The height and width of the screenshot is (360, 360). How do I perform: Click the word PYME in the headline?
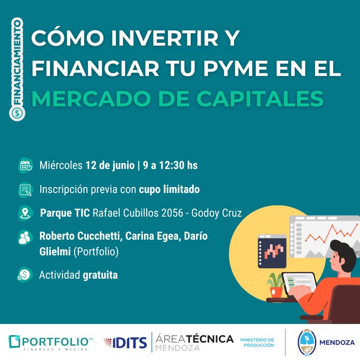[x=236, y=68]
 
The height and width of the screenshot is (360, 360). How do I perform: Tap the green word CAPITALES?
[x=260, y=98]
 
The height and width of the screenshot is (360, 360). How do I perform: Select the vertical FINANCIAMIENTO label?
[x=17, y=62]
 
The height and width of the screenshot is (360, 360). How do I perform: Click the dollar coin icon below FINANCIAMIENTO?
[x=17, y=113]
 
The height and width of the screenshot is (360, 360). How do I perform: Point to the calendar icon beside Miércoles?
[x=25, y=166]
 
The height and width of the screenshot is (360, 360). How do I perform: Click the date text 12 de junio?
[x=110, y=165]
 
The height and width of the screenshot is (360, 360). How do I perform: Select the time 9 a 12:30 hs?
[x=170, y=165]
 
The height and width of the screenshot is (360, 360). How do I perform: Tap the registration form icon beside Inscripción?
[x=25, y=190]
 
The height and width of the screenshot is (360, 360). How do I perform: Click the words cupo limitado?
[x=169, y=190]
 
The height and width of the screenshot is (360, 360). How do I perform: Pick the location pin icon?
[x=25, y=213]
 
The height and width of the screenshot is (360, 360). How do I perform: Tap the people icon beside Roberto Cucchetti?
[x=25, y=237]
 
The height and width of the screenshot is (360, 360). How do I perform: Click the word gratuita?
[x=100, y=275]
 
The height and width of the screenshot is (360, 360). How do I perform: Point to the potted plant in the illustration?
[x=275, y=285]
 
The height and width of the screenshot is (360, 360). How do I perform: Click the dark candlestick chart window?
[x=272, y=251]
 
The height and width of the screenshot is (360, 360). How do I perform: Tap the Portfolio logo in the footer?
[x=50, y=343]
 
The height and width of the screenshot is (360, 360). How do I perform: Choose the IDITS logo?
[x=125, y=343]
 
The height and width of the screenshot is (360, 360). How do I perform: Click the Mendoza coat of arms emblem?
[x=307, y=343]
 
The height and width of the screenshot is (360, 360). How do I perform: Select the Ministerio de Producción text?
[x=257, y=343]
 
